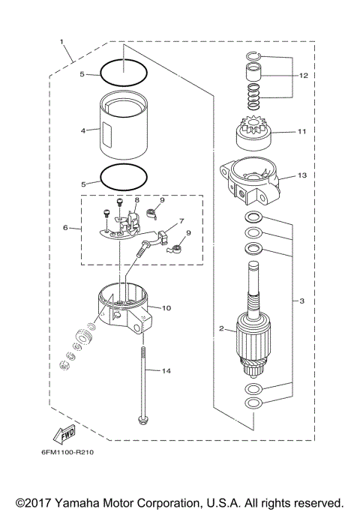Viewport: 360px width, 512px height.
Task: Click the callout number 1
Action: point(61,41)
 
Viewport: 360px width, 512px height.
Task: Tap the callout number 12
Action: point(304,76)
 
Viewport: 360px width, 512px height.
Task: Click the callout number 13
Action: point(302,175)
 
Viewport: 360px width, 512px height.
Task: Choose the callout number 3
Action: point(301,301)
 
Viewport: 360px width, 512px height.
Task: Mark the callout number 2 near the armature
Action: point(222,328)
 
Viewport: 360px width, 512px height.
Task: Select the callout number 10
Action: point(166,307)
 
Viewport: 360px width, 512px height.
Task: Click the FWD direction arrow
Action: point(64,433)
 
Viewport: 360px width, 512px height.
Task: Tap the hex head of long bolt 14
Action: point(141,419)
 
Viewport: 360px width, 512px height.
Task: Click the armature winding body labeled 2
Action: point(254,333)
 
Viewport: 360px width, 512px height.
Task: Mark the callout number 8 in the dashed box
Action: point(137,201)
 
